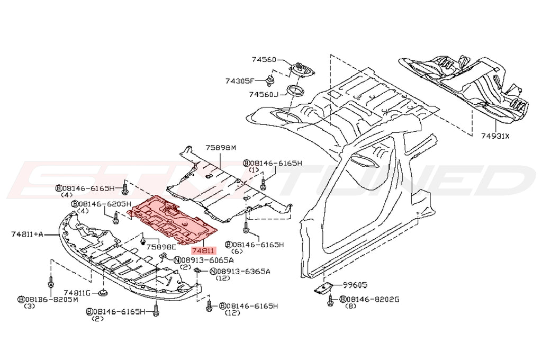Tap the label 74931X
point(496,136)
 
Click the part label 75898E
point(161,247)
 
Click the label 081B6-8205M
point(48,299)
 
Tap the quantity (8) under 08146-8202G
point(350,307)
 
